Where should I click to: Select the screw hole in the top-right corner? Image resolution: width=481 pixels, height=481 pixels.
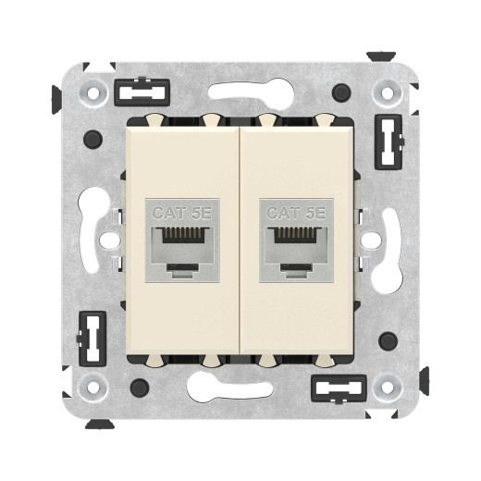387,94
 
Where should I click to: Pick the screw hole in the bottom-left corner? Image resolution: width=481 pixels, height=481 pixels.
92,386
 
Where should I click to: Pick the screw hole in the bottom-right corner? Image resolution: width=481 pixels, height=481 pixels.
387,386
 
